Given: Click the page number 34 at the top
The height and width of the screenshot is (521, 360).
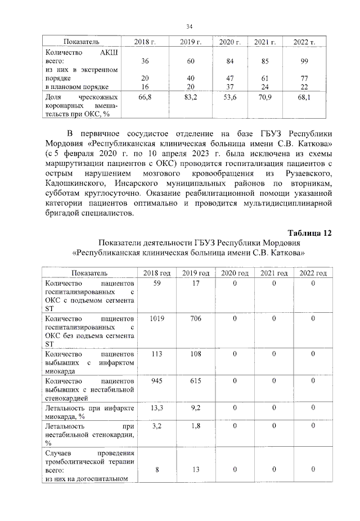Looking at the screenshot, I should pos(190,26).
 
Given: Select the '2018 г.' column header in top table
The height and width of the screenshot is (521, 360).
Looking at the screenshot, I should pos(145,42).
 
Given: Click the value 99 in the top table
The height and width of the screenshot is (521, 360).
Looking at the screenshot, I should pos(305,61).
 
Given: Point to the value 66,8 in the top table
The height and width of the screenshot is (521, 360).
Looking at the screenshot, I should pos(145,97).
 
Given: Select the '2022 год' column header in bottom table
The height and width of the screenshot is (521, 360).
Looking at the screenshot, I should pos(313,273).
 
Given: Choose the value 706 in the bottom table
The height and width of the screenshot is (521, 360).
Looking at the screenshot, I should pos(195,318).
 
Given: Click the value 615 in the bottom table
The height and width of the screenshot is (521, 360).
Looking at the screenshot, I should pos(195,381).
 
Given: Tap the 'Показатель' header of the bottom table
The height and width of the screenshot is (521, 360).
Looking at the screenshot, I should pos(89,273).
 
